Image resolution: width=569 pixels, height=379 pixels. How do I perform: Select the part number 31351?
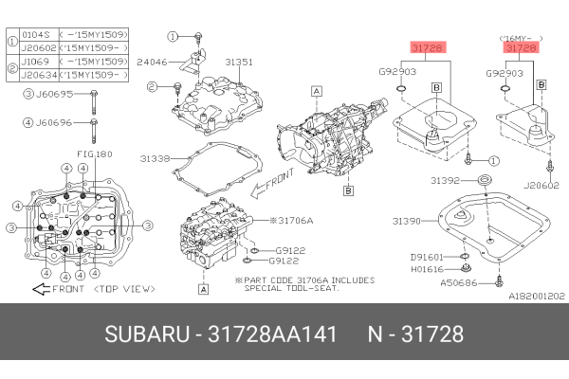(238, 63)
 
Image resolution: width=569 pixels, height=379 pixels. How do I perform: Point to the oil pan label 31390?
(409, 220)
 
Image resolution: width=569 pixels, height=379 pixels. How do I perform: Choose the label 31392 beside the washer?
(445, 179)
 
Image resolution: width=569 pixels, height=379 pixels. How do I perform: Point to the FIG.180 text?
(94, 153)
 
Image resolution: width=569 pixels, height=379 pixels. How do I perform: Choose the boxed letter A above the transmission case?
(317, 90)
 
